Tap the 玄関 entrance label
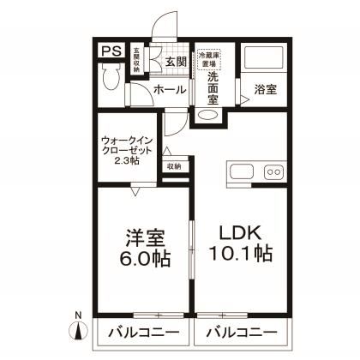(x=176, y=61)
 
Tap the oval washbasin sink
(x=207, y=116)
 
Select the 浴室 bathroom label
(x=264, y=89)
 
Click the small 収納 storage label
(x=174, y=166)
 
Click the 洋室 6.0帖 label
(x=141, y=245)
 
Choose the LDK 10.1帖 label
(x=242, y=243)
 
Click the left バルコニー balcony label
(x=142, y=333)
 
